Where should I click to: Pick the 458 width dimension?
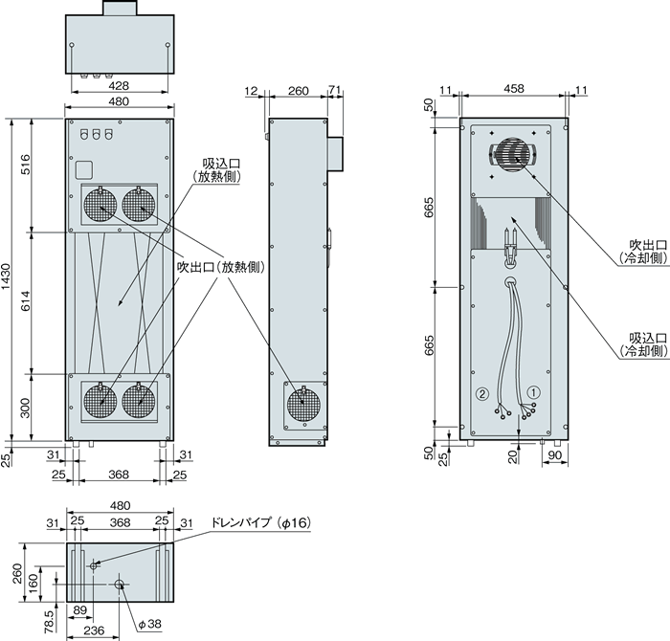click(x=514, y=89)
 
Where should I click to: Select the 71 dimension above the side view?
click(x=334, y=91)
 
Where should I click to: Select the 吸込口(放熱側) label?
click(x=215, y=169)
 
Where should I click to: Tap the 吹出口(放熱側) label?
click(x=221, y=268)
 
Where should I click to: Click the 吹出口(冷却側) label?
click(x=636, y=251)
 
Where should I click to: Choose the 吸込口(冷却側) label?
click(x=636, y=345)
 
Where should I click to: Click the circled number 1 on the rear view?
click(x=535, y=391)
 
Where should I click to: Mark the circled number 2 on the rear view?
click(x=483, y=392)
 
